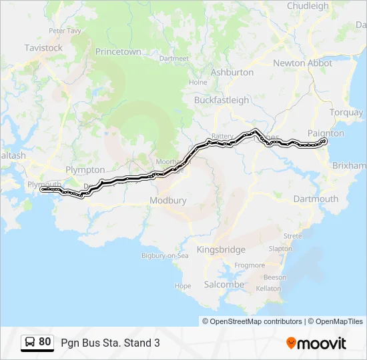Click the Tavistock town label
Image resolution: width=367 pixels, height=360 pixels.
click(x=43, y=48)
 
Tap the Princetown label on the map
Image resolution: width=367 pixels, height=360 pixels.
click(x=118, y=51)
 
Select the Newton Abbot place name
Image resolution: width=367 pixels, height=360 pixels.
click(x=302, y=63)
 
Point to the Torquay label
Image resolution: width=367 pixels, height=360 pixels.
click(x=346, y=112)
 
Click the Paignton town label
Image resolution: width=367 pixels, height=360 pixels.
click(x=326, y=133)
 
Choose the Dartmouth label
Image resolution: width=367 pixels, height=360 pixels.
click(x=316, y=199)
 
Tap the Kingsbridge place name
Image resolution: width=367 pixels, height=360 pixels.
click(x=221, y=249)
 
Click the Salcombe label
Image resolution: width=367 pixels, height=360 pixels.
click(x=224, y=284)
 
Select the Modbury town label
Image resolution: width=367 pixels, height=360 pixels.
click(x=168, y=200)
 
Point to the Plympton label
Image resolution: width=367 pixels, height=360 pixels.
click(x=85, y=170)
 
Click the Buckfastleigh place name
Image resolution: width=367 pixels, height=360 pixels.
click(x=221, y=100)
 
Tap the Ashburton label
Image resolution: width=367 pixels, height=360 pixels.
click(x=232, y=72)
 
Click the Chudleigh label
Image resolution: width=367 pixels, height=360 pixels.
click(x=308, y=6)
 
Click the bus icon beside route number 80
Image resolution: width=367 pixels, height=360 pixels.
click(x=30, y=342)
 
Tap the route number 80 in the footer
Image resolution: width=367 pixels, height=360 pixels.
click(x=45, y=342)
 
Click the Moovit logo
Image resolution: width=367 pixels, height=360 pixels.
click(x=316, y=343)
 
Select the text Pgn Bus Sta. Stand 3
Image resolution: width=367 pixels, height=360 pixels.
click(x=110, y=343)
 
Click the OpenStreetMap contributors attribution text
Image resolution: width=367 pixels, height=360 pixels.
click(x=256, y=321)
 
